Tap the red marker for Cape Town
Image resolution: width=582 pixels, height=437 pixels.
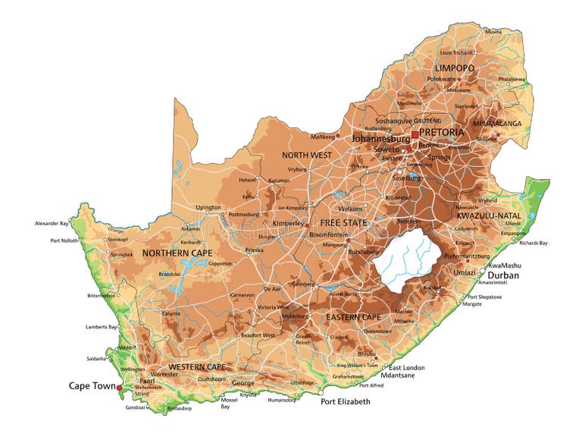pos(119,388)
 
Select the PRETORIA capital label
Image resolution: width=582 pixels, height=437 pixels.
pos(441,132)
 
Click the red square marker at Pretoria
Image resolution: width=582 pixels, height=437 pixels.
pos(415,135)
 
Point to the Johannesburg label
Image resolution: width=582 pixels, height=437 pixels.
pos(380,139)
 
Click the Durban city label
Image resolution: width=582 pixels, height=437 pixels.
pos(503,275)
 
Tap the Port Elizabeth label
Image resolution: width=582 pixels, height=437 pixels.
pos(345,401)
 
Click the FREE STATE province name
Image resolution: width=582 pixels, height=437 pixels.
pos(343,223)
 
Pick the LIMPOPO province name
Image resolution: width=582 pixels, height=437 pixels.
pos(455,68)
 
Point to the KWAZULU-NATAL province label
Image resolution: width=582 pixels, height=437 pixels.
pos(489,215)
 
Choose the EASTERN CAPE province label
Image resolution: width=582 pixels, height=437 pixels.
pos(353,316)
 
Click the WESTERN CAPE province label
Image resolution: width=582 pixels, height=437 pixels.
pos(197,367)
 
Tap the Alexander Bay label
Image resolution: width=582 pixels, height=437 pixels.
pos(52,224)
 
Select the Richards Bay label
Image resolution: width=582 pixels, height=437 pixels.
pos(533,243)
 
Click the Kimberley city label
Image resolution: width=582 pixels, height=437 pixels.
pos(287,225)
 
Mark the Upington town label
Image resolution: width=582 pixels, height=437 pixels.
pos(208,207)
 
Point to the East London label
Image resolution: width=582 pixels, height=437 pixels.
pos(407,368)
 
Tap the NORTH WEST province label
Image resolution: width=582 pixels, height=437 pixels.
pos(307,155)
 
